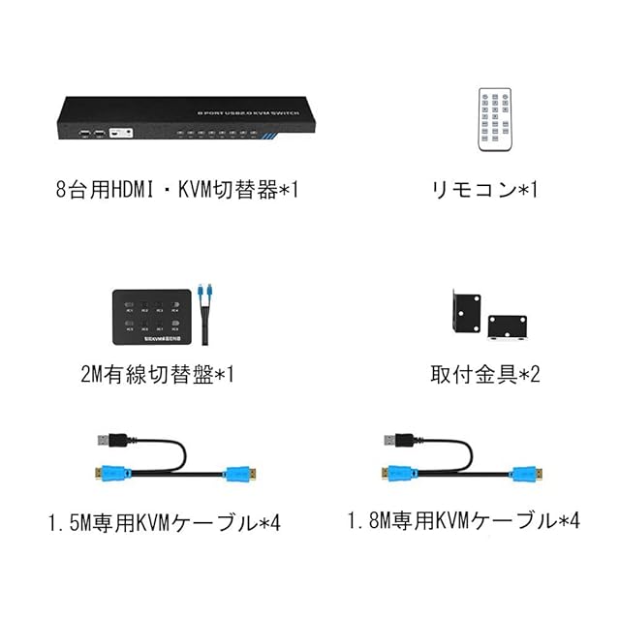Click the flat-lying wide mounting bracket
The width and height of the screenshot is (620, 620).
coord(509,325)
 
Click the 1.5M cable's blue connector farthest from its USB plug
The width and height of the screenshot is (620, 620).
coord(238,475)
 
